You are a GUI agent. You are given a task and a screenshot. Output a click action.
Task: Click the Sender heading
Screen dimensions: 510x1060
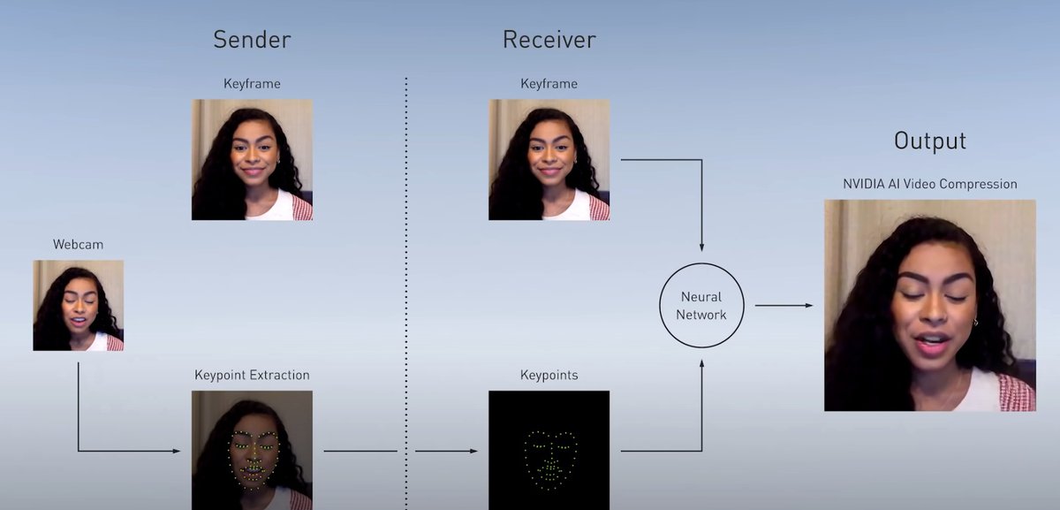(x=252, y=40)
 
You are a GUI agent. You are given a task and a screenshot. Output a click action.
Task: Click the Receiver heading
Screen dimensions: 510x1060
(x=549, y=40)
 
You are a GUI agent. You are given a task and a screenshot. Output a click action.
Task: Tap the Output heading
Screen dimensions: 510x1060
(x=930, y=141)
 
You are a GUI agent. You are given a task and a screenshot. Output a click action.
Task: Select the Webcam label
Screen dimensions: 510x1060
(x=78, y=243)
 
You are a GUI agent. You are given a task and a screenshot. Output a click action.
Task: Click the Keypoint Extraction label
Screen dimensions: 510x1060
(x=252, y=376)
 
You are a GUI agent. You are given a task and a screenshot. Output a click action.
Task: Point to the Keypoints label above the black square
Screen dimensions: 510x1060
(x=549, y=376)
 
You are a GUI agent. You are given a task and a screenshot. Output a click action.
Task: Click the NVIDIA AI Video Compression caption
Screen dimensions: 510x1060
(x=930, y=185)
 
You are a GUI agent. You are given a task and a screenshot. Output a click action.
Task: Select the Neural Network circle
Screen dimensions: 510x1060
(x=701, y=306)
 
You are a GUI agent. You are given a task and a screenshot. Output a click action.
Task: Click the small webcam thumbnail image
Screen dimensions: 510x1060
(x=78, y=305)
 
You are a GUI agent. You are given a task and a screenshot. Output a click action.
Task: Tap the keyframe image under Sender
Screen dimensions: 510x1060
(x=252, y=159)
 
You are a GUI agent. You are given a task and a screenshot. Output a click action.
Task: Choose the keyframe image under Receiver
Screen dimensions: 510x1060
(x=549, y=159)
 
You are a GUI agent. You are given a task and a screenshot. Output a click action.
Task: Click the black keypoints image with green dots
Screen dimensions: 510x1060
(x=549, y=450)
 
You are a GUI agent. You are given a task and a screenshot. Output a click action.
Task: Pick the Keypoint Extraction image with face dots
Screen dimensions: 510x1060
(x=252, y=450)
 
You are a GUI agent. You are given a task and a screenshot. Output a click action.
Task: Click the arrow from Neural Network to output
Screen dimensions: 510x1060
(x=783, y=306)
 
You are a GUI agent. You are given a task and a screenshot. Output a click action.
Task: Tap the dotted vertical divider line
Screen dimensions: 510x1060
(x=406, y=265)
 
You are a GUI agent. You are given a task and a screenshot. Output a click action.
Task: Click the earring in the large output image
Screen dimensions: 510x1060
(x=975, y=323)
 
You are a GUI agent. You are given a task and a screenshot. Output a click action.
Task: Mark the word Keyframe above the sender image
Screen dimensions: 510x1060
(x=252, y=84)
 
